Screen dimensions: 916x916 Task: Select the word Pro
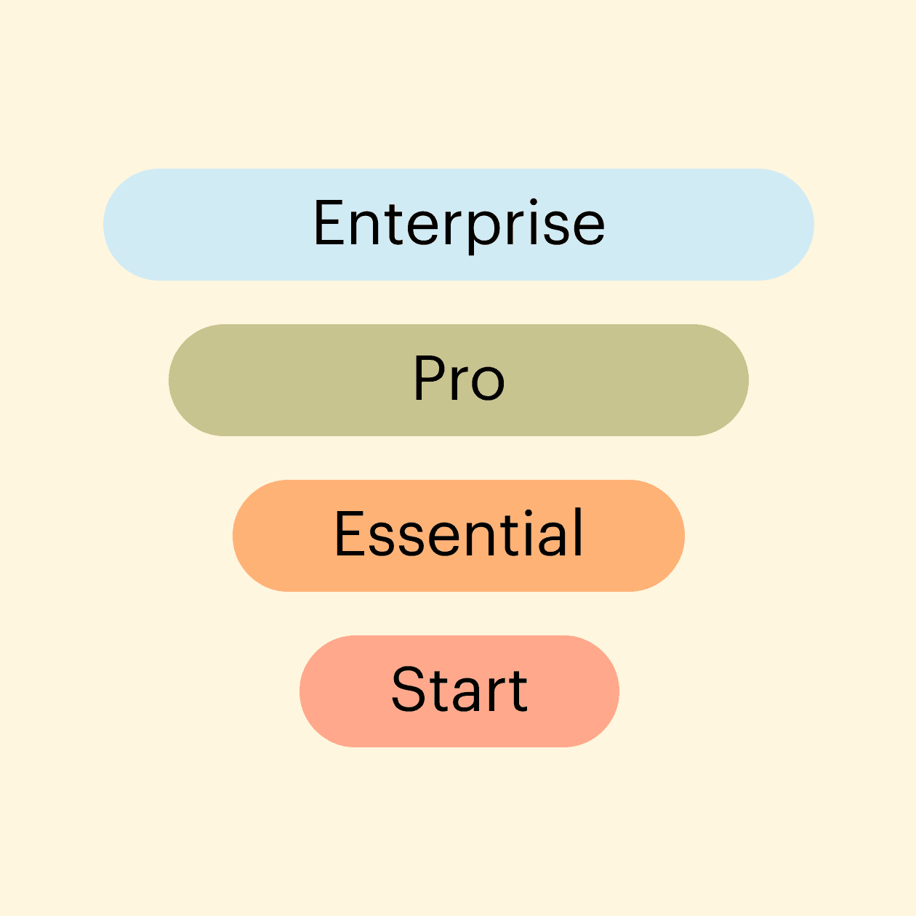459,378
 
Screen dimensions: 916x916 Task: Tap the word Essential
459,532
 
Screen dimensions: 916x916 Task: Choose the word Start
459,688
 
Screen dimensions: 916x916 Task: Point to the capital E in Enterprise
329,222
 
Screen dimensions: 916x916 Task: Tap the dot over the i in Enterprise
534,202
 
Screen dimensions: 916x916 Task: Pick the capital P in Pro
429,378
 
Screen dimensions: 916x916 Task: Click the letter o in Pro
489,384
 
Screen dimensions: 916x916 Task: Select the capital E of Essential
350,532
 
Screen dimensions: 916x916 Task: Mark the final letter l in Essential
578,531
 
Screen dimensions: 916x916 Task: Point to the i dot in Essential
529,513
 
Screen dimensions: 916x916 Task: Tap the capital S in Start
407,688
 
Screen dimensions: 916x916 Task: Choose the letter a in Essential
553,539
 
